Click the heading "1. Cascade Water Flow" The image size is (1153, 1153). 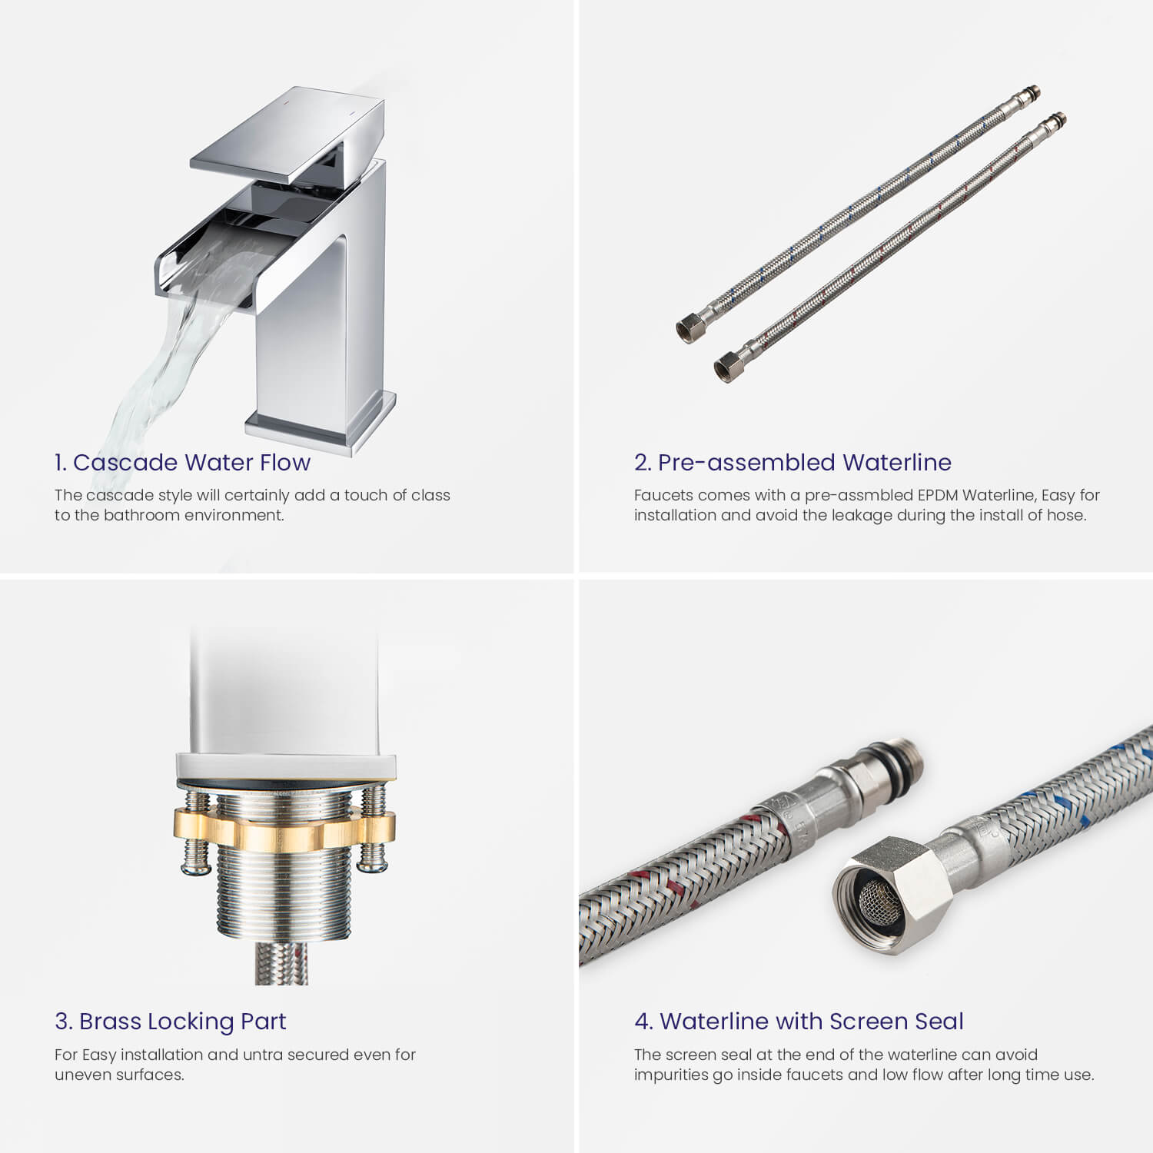click(182, 462)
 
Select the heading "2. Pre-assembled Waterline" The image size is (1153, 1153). click(792, 462)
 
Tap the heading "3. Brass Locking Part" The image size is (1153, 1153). click(170, 1021)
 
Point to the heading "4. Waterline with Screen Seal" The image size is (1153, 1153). click(799, 1021)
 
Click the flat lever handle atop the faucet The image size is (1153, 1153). click(287, 134)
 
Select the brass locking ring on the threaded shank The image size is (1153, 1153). click(284, 829)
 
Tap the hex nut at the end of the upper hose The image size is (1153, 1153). click(689, 328)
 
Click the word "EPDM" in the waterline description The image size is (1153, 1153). click(937, 495)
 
